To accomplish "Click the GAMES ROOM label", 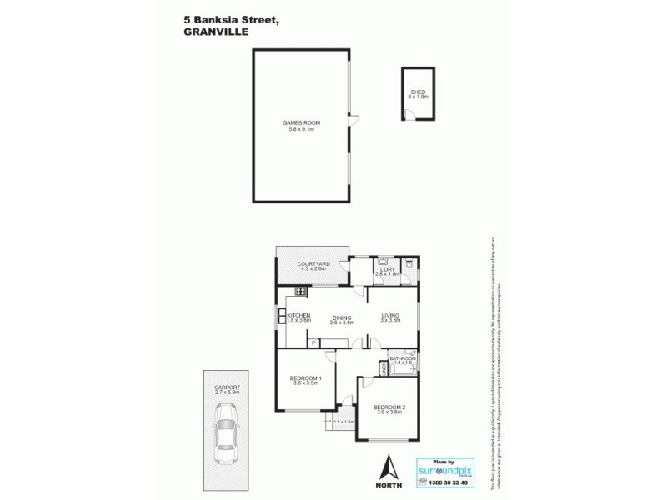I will pyautogui.click(x=304, y=123).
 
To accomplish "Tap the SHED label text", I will pyautogui.click(x=418, y=92).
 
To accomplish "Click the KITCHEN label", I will pyautogui.click(x=298, y=316).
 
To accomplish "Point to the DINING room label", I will pyautogui.click(x=340, y=316).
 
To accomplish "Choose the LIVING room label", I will pyautogui.click(x=390, y=316).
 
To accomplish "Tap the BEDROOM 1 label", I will pyautogui.click(x=305, y=378).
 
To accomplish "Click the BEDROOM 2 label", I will pyautogui.click(x=389, y=407).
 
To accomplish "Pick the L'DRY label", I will pyautogui.click(x=387, y=270).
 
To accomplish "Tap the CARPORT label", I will pyautogui.click(x=227, y=387).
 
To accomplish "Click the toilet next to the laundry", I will pyautogui.click(x=409, y=265).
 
